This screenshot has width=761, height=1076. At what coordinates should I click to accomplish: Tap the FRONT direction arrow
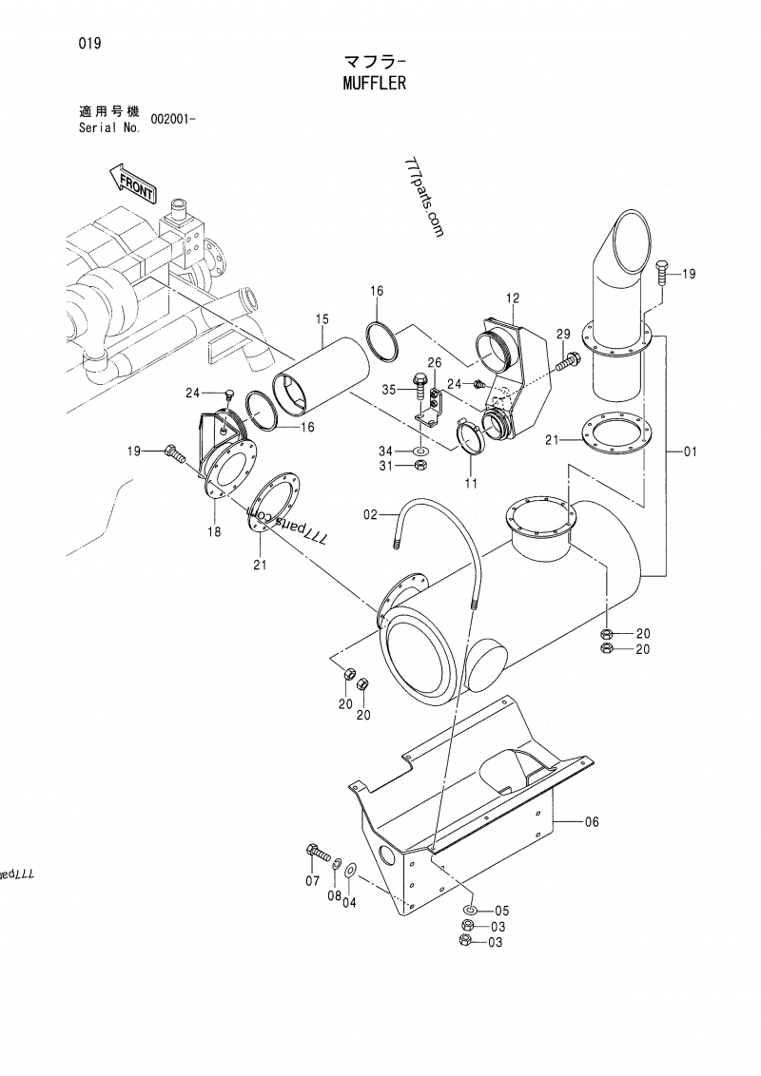(x=131, y=182)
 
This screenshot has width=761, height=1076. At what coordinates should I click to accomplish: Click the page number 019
(x=91, y=44)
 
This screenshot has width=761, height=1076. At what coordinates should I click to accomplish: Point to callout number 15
(x=322, y=318)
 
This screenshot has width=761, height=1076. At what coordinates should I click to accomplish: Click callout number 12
(x=513, y=298)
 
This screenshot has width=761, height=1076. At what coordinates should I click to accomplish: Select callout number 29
(x=563, y=332)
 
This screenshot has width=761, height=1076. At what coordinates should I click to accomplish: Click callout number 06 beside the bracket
(x=591, y=822)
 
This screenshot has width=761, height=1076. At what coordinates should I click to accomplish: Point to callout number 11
(x=470, y=484)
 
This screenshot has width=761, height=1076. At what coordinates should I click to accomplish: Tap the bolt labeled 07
(x=315, y=851)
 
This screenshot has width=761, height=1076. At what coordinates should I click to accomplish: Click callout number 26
(x=434, y=362)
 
